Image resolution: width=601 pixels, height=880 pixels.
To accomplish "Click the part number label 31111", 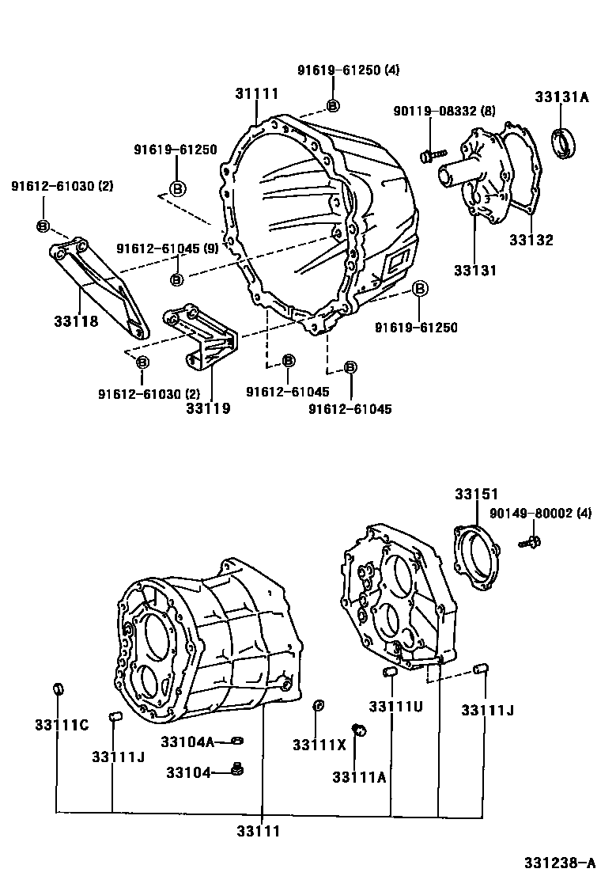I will click(257, 93).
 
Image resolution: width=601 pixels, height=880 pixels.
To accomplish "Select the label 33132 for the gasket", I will click(531, 240).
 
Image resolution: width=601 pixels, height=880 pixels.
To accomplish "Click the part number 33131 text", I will click(475, 270).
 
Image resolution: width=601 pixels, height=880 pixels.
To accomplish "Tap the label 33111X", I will click(319, 745).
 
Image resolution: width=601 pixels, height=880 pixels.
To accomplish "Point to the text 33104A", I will click(187, 742).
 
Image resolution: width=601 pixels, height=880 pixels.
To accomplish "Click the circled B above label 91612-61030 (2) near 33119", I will click(142, 362).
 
